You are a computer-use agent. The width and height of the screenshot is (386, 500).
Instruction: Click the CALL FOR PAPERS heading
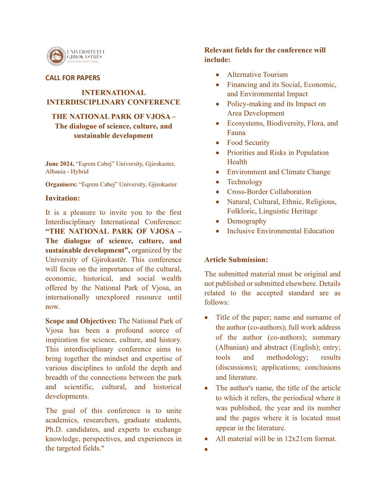click(x=73, y=78)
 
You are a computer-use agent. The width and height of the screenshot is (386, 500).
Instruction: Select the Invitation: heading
click(x=63, y=198)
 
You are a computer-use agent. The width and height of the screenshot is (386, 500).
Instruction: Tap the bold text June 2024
click(x=59, y=164)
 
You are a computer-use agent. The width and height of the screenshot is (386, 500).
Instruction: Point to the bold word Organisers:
click(x=61, y=184)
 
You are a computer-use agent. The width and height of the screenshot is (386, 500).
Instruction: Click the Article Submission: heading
click(x=236, y=260)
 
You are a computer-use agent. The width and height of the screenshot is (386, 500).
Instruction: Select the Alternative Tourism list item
click(x=257, y=75)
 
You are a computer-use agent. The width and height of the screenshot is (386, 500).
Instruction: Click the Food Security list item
click(x=248, y=143)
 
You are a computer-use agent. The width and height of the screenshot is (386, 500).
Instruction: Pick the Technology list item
click(x=245, y=182)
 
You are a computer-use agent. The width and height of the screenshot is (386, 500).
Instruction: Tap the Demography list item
click(x=247, y=221)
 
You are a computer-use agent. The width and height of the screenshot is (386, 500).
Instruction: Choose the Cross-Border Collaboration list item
click(x=269, y=192)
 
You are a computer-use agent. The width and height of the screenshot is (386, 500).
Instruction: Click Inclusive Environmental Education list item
click(x=280, y=231)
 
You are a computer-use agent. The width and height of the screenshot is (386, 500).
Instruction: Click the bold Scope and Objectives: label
click(x=81, y=321)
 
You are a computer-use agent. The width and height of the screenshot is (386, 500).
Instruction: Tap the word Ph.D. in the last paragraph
click(x=56, y=429)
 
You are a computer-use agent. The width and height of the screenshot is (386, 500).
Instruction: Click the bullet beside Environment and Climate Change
click(x=218, y=172)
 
